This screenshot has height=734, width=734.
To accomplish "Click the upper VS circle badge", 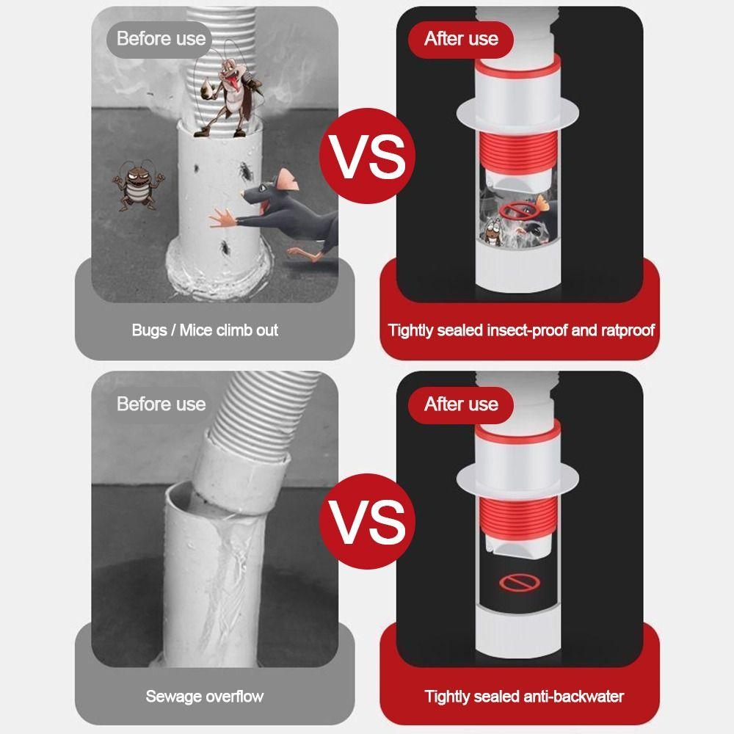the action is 367,156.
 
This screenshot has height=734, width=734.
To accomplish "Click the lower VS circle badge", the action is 367,521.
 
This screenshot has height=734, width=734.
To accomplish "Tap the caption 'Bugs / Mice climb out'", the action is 205,330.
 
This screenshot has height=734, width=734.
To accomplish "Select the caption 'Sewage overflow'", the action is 205,696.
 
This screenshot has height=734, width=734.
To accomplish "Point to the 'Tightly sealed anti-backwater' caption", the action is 524,696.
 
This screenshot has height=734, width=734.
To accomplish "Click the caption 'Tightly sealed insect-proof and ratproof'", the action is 521,330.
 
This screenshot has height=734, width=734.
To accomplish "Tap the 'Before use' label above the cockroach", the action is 160,38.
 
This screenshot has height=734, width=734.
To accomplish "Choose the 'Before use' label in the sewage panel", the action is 161,404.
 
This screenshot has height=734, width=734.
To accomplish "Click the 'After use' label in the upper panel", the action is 461,38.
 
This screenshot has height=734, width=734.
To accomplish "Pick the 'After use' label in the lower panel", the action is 461,404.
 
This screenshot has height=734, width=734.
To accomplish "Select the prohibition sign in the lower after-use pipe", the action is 519,583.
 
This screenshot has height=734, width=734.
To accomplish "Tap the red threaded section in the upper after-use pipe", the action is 517,150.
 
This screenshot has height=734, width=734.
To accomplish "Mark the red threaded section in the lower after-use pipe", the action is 517,517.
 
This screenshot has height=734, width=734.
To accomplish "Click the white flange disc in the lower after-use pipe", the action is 517,480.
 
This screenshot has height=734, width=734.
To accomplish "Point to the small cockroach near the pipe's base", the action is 226,246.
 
